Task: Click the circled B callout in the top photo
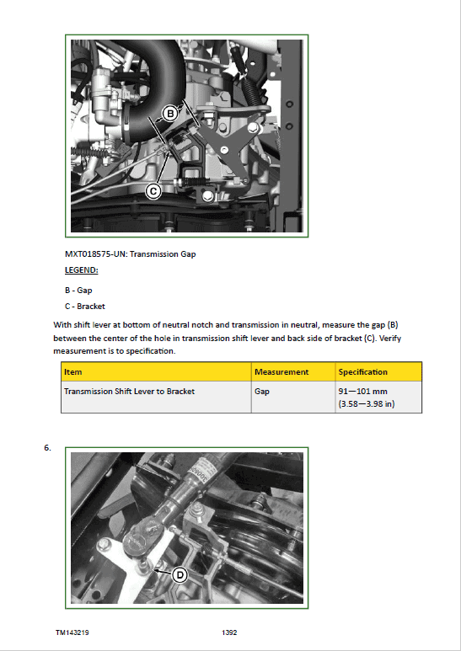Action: point(169,114)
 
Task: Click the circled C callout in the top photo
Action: point(153,191)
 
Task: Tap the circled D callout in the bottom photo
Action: point(180,575)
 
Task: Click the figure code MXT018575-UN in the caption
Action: point(95,254)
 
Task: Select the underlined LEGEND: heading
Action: point(82,270)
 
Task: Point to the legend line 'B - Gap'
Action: point(78,291)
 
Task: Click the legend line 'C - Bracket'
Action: point(85,306)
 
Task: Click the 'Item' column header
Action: point(73,372)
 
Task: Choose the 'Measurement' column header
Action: point(281,372)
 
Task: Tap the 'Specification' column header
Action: point(363,372)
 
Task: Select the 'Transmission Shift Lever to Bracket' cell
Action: point(129,391)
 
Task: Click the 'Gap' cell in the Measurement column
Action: point(262,392)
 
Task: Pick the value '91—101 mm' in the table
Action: point(363,391)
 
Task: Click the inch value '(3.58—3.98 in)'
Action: point(367,403)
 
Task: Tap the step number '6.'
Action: point(48,447)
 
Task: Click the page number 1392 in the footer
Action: point(229,632)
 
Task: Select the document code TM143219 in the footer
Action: point(72,632)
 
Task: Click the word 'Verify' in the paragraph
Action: point(390,339)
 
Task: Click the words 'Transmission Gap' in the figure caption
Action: point(163,254)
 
